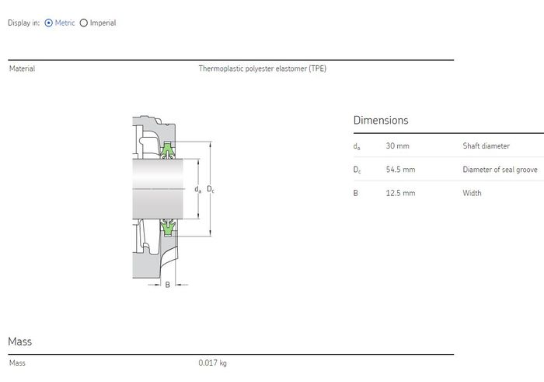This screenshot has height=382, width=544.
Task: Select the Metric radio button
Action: pos(48,23)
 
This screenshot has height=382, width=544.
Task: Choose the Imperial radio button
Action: pos(84,23)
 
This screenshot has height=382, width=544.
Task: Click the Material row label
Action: pos(23,68)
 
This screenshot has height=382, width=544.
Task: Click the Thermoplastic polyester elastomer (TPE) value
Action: pos(263,68)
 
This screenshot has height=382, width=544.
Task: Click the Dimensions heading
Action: pos(381,120)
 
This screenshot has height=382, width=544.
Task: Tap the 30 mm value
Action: pos(398,145)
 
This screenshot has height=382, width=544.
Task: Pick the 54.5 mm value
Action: pos(400,170)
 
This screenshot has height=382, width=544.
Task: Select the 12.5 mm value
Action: pos(400,193)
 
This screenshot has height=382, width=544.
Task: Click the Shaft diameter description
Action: pos(486,145)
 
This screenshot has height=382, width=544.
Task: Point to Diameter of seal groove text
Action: pos(500,170)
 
